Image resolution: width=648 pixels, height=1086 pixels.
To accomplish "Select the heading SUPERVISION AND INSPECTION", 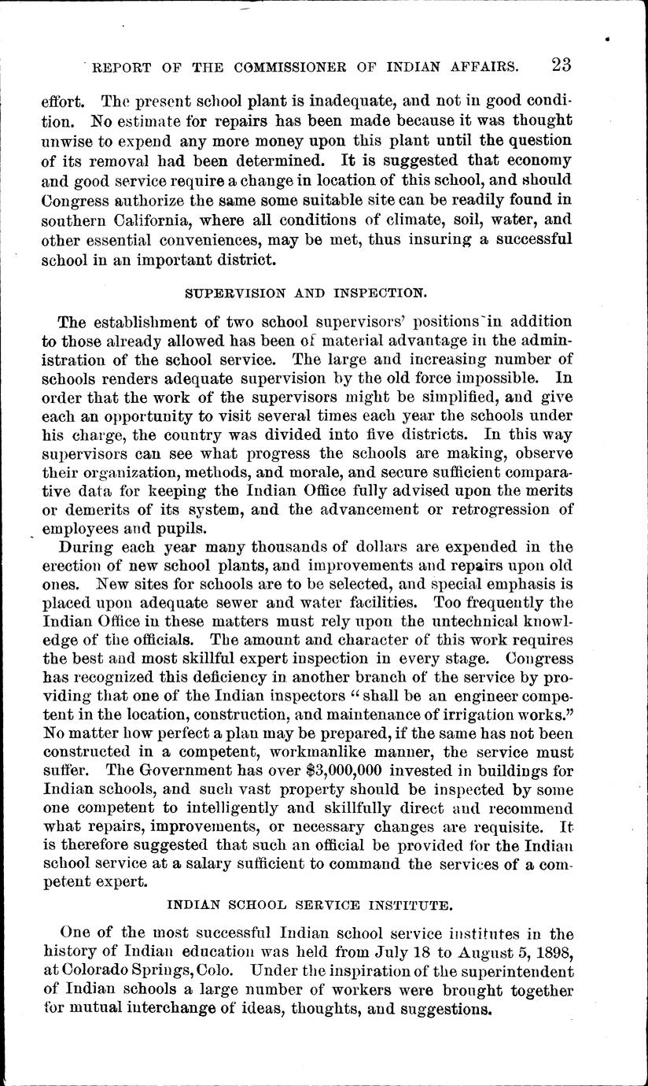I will [306, 291].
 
